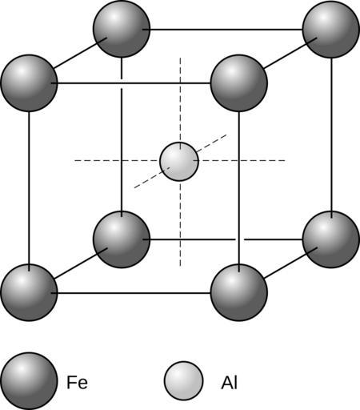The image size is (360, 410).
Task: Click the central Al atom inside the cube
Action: [179, 162]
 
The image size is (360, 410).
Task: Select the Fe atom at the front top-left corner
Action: [30, 83]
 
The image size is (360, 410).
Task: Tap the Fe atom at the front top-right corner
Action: [239, 83]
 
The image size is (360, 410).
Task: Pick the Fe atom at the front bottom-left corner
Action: [30, 292]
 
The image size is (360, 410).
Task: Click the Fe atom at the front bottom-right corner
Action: [239, 292]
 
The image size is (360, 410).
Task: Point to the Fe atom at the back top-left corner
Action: [122, 29]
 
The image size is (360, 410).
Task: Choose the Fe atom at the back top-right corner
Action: [331, 30]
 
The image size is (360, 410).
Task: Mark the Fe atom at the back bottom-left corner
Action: [122, 239]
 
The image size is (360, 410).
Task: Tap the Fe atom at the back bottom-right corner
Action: [331, 239]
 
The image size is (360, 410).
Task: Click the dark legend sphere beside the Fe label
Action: [29, 381]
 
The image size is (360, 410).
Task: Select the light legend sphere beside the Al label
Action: [184, 381]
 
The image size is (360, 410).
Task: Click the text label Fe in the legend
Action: [77, 382]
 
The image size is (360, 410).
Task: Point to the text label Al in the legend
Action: [229, 382]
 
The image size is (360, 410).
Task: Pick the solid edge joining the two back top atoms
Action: [222, 30]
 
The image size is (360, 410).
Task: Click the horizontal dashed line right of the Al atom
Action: [239, 161]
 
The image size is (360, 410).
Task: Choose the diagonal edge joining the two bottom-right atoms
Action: [290, 263]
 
